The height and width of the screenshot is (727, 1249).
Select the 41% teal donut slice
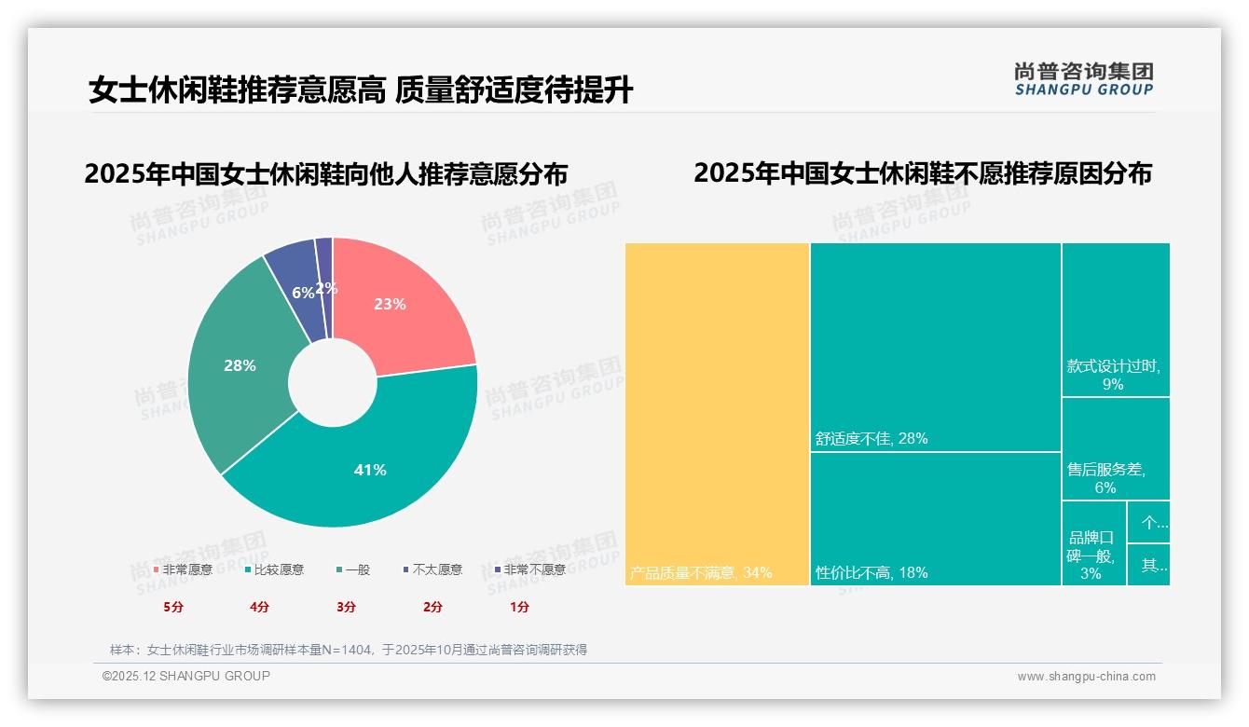click(x=373, y=466)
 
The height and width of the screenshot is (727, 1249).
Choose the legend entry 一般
click(x=353, y=569)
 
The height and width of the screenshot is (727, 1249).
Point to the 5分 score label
click(x=173, y=607)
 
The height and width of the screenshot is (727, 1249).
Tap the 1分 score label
click(x=519, y=607)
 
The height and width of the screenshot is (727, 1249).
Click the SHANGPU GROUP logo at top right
click(x=1083, y=79)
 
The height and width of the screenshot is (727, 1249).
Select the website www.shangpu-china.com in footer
click(x=1086, y=677)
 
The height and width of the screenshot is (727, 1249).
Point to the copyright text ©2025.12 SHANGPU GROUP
click(x=186, y=676)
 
